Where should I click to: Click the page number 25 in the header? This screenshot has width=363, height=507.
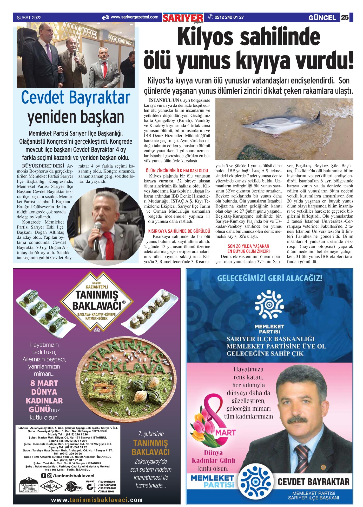pyautogui.click(x=345, y=17)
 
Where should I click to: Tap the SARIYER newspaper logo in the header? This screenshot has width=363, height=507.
pyautogui.click(x=183, y=18)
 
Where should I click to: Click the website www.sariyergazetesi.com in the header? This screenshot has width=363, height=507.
pyautogui.click(x=134, y=17)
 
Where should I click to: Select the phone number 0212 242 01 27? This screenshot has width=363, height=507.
pyautogui.click(x=229, y=17)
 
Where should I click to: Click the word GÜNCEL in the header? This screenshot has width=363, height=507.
pyautogui.click(x=322, y=18)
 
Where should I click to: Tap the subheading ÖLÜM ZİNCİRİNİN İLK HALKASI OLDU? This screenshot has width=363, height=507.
pyautogui.click(x=177, y=171)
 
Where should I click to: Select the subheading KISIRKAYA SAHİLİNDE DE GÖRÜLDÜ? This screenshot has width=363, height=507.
pyautogui.click(x=179, y=231)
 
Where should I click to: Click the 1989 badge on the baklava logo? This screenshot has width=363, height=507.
pyautogui.click(x=96, y=330)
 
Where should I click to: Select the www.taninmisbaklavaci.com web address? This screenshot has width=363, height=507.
pyautogui.click(x=97, y=500)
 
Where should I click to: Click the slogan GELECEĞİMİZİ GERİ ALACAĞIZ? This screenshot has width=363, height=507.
pyautogui.click(x=269, y=278)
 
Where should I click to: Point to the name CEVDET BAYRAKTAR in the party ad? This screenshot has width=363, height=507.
pyautogui.click(x=313, y=481)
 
